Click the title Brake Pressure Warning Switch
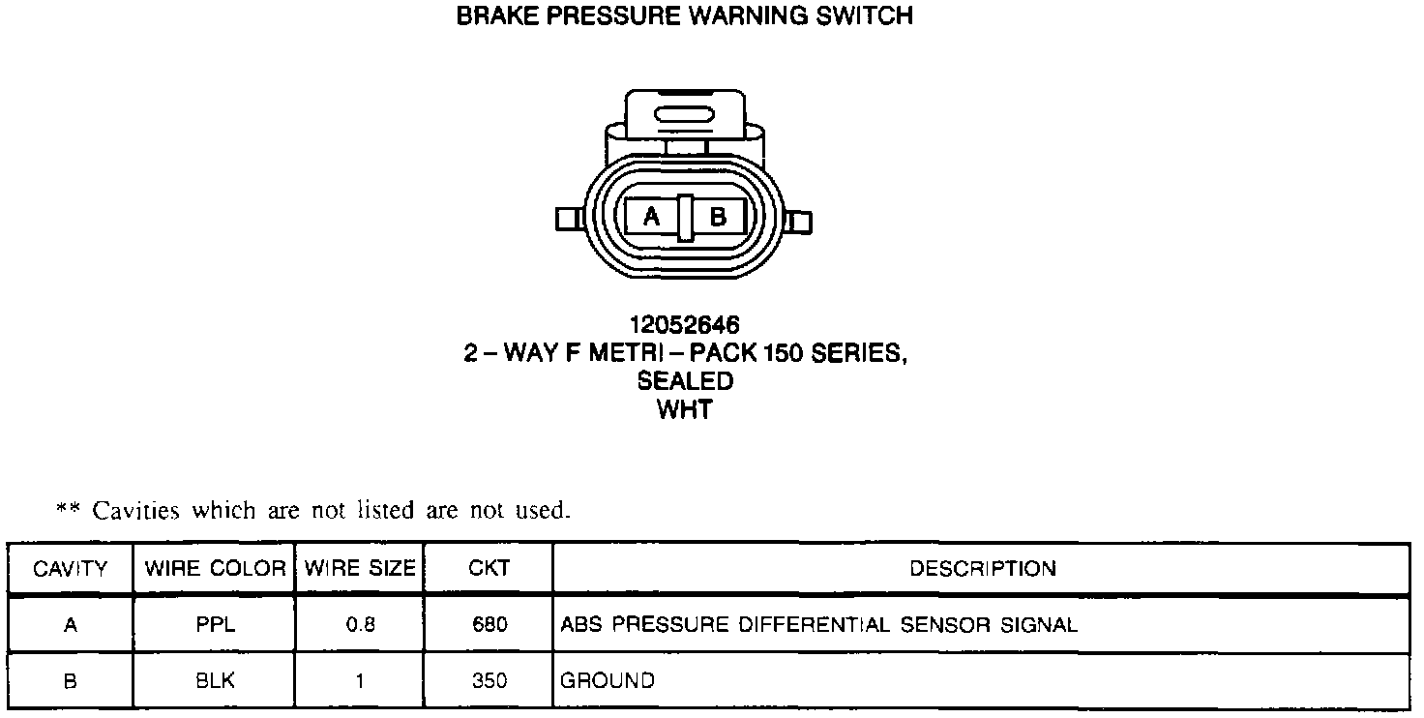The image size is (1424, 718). click(684, 16)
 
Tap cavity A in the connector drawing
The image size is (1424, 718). click(651, 218)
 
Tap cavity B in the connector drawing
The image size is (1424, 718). click(717, 218)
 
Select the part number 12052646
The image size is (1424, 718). click(684, 325)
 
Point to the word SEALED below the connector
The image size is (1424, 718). click(684, 381)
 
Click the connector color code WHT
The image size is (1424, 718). click(684, 409)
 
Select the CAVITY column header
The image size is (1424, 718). click(70, 569)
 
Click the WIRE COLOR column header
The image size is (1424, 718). click(215, 569)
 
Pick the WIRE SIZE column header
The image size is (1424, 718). click(359, 569)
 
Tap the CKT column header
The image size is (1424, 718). click(489, 569)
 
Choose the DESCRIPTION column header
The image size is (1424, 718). click(982, 569)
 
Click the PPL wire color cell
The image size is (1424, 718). click(215, 625)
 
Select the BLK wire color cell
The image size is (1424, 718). click(215, 681)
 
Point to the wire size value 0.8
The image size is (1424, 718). click(359, 625)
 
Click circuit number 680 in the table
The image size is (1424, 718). click(489, 625)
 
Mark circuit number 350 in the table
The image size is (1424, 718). click(489, 681)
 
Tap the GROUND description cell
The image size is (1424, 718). click(608, 681)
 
